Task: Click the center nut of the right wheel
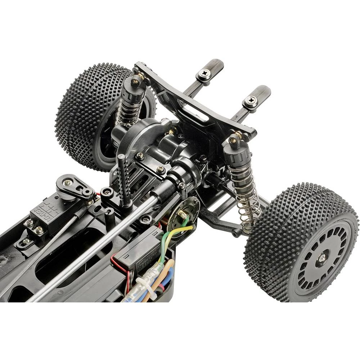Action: click(321, 258)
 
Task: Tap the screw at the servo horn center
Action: click(67, 183)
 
